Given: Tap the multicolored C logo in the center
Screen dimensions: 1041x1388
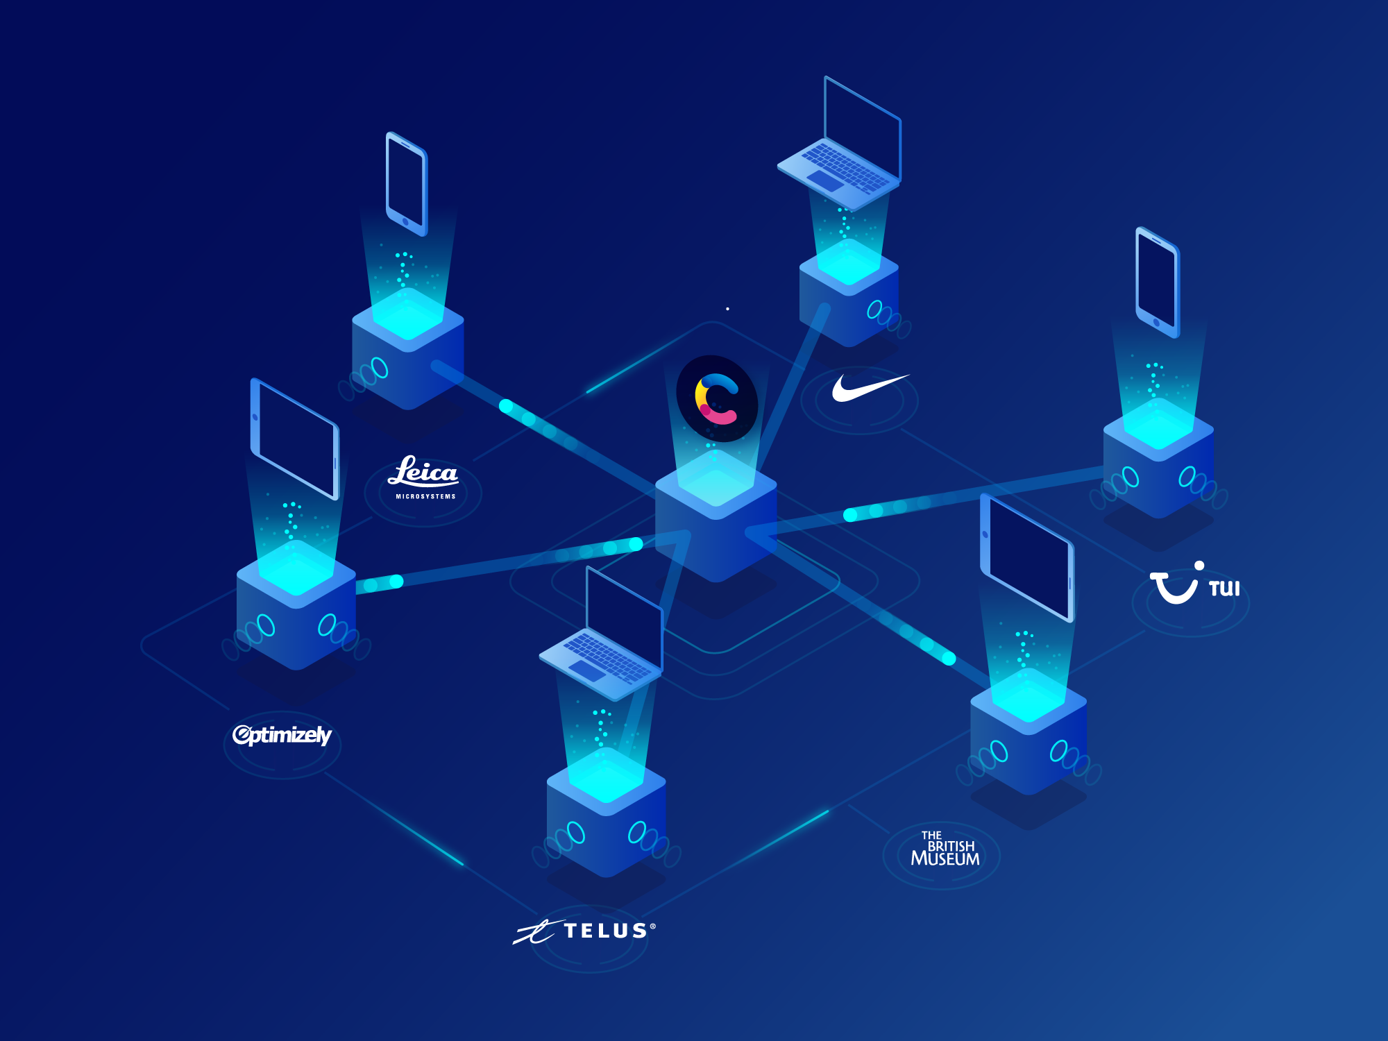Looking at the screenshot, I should (x=717, y=398).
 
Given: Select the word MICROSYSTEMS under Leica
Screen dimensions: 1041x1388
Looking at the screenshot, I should (x=425, y=497).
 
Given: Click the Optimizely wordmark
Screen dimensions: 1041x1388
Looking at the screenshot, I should (x=282, y=735).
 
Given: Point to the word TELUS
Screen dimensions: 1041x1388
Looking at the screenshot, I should (x=606, y=931).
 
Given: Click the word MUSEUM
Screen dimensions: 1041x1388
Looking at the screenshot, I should (x=945, y=859).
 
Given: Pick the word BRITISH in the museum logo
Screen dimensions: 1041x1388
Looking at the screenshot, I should (x=951, y=846).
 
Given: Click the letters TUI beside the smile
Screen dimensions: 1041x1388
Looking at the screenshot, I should (x=1224, y=589).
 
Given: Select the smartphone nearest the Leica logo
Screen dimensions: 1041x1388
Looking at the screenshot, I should (x=407, y=184).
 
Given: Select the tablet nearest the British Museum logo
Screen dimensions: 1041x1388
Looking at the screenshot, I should (x=1027, y=559).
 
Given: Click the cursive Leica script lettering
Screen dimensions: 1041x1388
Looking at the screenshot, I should (x=424, y=472).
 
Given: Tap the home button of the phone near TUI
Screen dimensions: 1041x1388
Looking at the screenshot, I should (x=1156, y=323).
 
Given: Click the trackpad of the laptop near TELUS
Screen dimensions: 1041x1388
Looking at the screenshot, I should (x=587, y=670).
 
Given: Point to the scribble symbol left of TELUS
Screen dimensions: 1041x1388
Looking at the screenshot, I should (x=536, y=933).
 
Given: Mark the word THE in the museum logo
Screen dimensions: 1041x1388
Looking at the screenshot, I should (x=931, y=836).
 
